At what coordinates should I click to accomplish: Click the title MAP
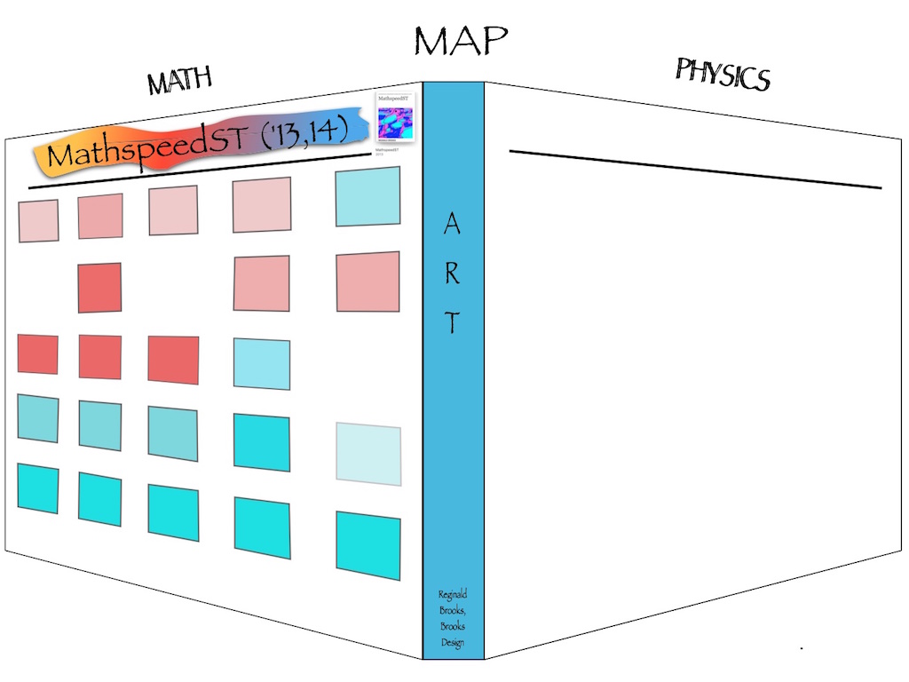[x=460, y=40]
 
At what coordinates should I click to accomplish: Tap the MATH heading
[x=180, y=81]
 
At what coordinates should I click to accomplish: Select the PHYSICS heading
[x=722, y=74]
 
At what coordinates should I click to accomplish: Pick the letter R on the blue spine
[x=452, y=274]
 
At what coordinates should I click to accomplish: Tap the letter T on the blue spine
[x=452, y=324]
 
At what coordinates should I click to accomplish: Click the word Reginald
[x=453, y=594]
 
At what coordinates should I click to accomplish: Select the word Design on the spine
[x=453, y=643]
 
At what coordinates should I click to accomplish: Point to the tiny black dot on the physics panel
[x=802, y=649]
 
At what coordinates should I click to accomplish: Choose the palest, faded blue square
[x=368, y=455]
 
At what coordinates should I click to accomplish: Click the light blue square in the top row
[x=368, y=196]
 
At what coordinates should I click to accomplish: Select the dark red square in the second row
[x=99, y=287]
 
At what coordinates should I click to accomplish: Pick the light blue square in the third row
[x=262, y=364]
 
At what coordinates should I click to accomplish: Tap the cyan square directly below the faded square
[x=368, y=545]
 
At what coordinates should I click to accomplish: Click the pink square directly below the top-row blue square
[x=368, y=282]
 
